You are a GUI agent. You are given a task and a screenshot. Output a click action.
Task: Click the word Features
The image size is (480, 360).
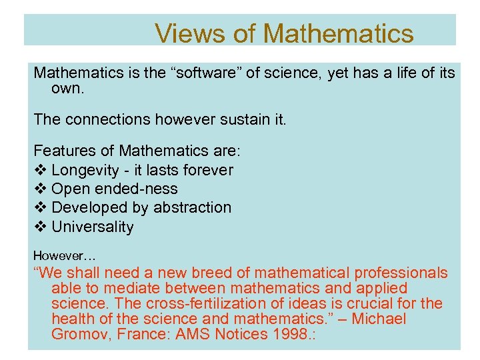click(64, 151)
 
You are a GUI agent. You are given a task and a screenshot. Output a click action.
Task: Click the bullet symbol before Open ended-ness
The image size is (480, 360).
click(39, 189)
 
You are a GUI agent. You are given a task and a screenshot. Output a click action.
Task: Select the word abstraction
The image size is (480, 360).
click(192, 207)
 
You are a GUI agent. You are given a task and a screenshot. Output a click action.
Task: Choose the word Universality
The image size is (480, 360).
click(93, 227)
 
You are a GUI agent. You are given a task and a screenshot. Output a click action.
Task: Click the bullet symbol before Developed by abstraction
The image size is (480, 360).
click(39, 207)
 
